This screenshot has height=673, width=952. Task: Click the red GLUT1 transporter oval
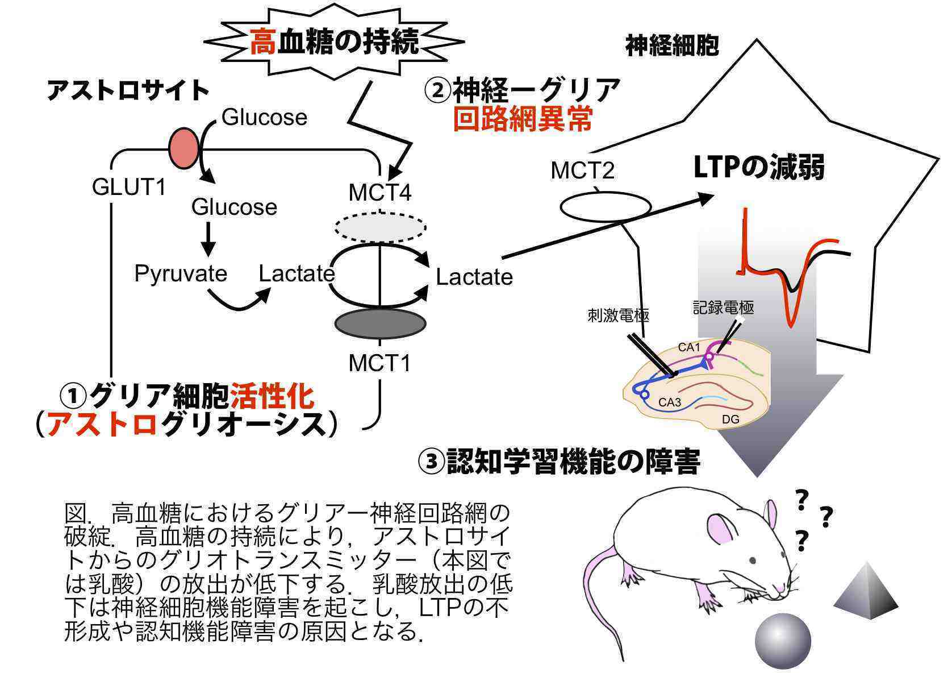(185, 148)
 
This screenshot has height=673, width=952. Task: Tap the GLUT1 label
(130, 186)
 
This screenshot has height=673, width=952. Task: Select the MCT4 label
(379, 193)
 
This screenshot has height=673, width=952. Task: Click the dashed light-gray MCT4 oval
(380, 227)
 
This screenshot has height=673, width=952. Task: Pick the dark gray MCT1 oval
(380, 323)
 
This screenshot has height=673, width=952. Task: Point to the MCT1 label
(379, 363)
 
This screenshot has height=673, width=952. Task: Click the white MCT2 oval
(606, 207)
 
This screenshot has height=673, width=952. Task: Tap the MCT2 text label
(583, 170)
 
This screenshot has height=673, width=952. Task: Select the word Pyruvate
(181, 273)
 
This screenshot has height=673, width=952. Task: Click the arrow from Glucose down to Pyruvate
(209, 239)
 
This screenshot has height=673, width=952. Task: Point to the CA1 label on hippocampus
(690, 347)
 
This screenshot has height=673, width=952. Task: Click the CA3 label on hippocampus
(670, 402)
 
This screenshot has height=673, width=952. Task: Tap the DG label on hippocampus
(730, 419)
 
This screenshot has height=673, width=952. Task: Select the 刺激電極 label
(618, 315)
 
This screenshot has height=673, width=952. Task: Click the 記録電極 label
(723, 308)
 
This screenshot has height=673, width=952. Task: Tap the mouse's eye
(752, 560)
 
